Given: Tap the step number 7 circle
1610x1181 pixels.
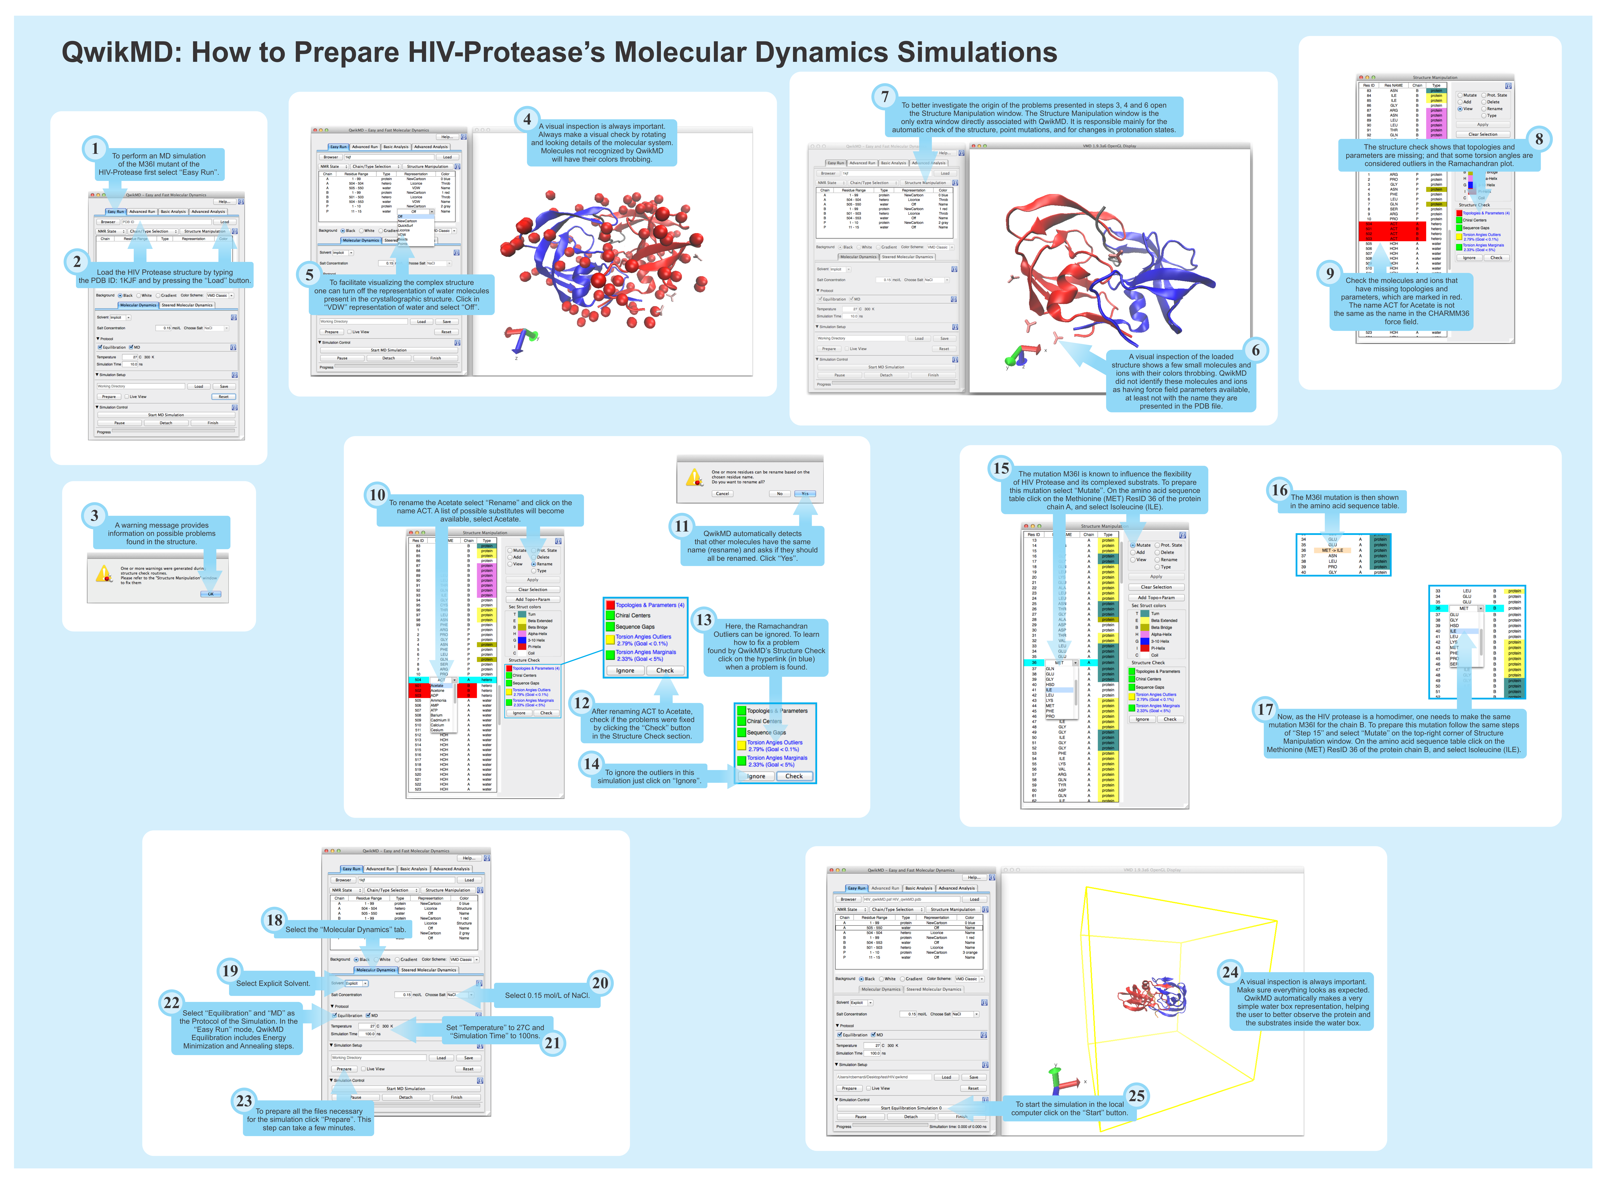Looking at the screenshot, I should (885, 97).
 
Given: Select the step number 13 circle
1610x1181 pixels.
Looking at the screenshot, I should (704, 620).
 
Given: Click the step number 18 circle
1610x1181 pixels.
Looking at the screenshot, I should (274, 920).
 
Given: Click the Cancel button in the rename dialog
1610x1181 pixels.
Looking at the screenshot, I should (722, 493).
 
